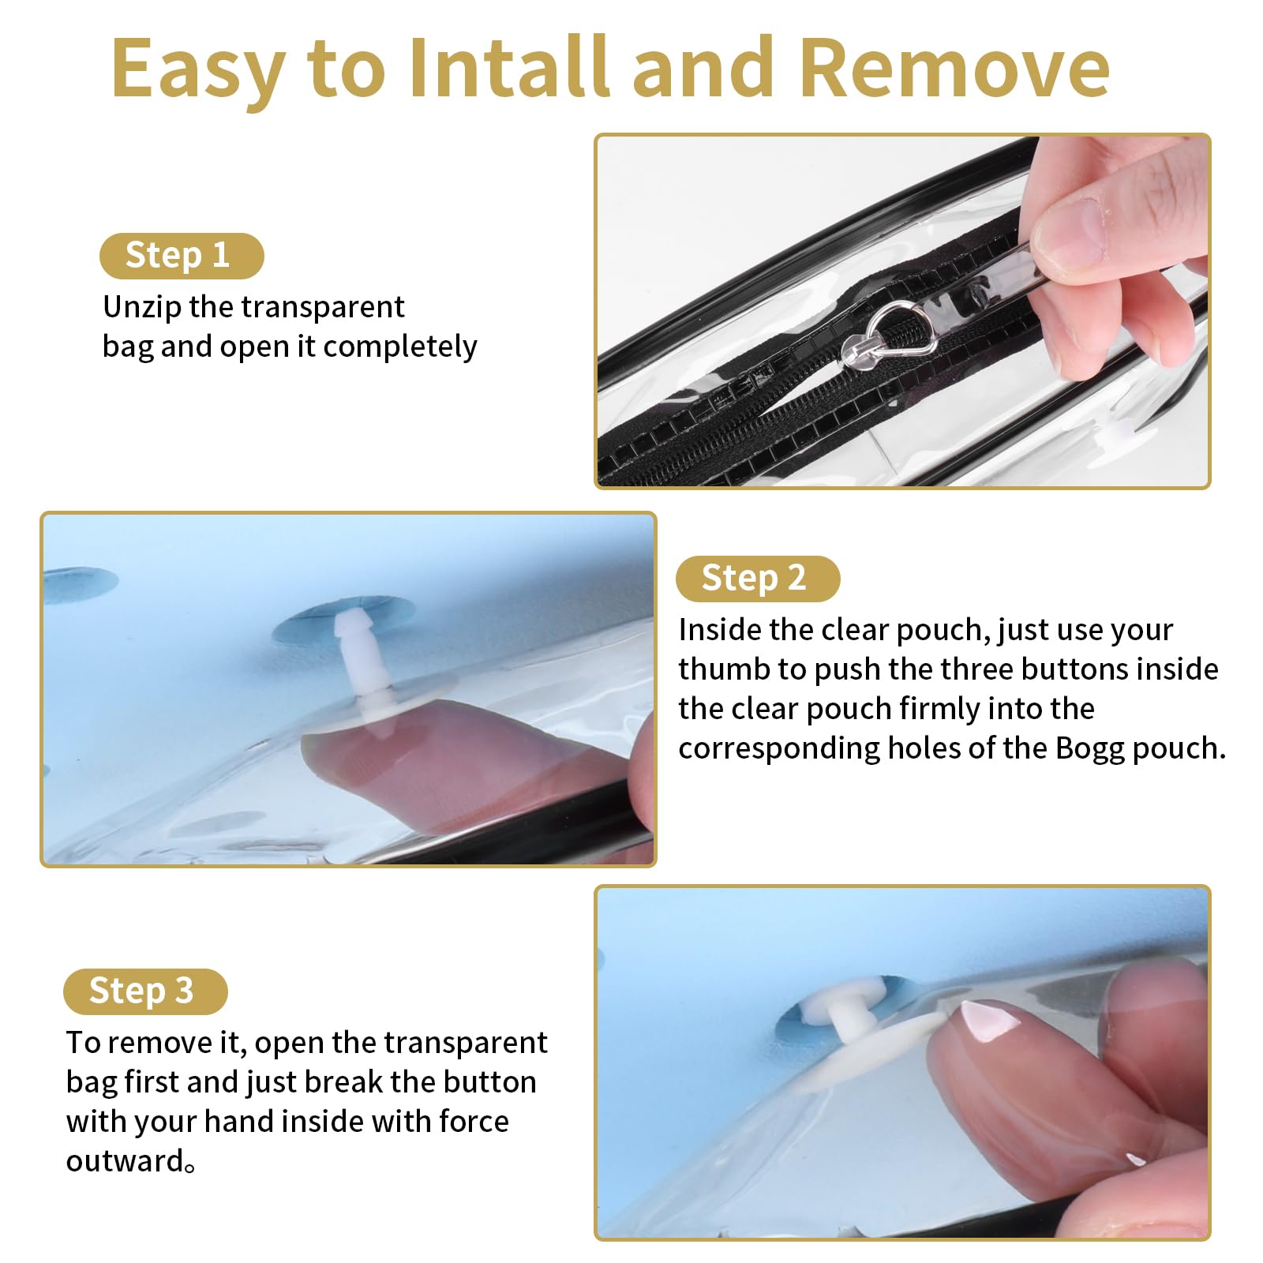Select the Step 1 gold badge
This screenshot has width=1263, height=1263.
182,256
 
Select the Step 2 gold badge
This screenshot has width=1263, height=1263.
758,578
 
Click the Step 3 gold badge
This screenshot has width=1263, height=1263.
145,991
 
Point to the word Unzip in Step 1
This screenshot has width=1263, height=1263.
142,308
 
